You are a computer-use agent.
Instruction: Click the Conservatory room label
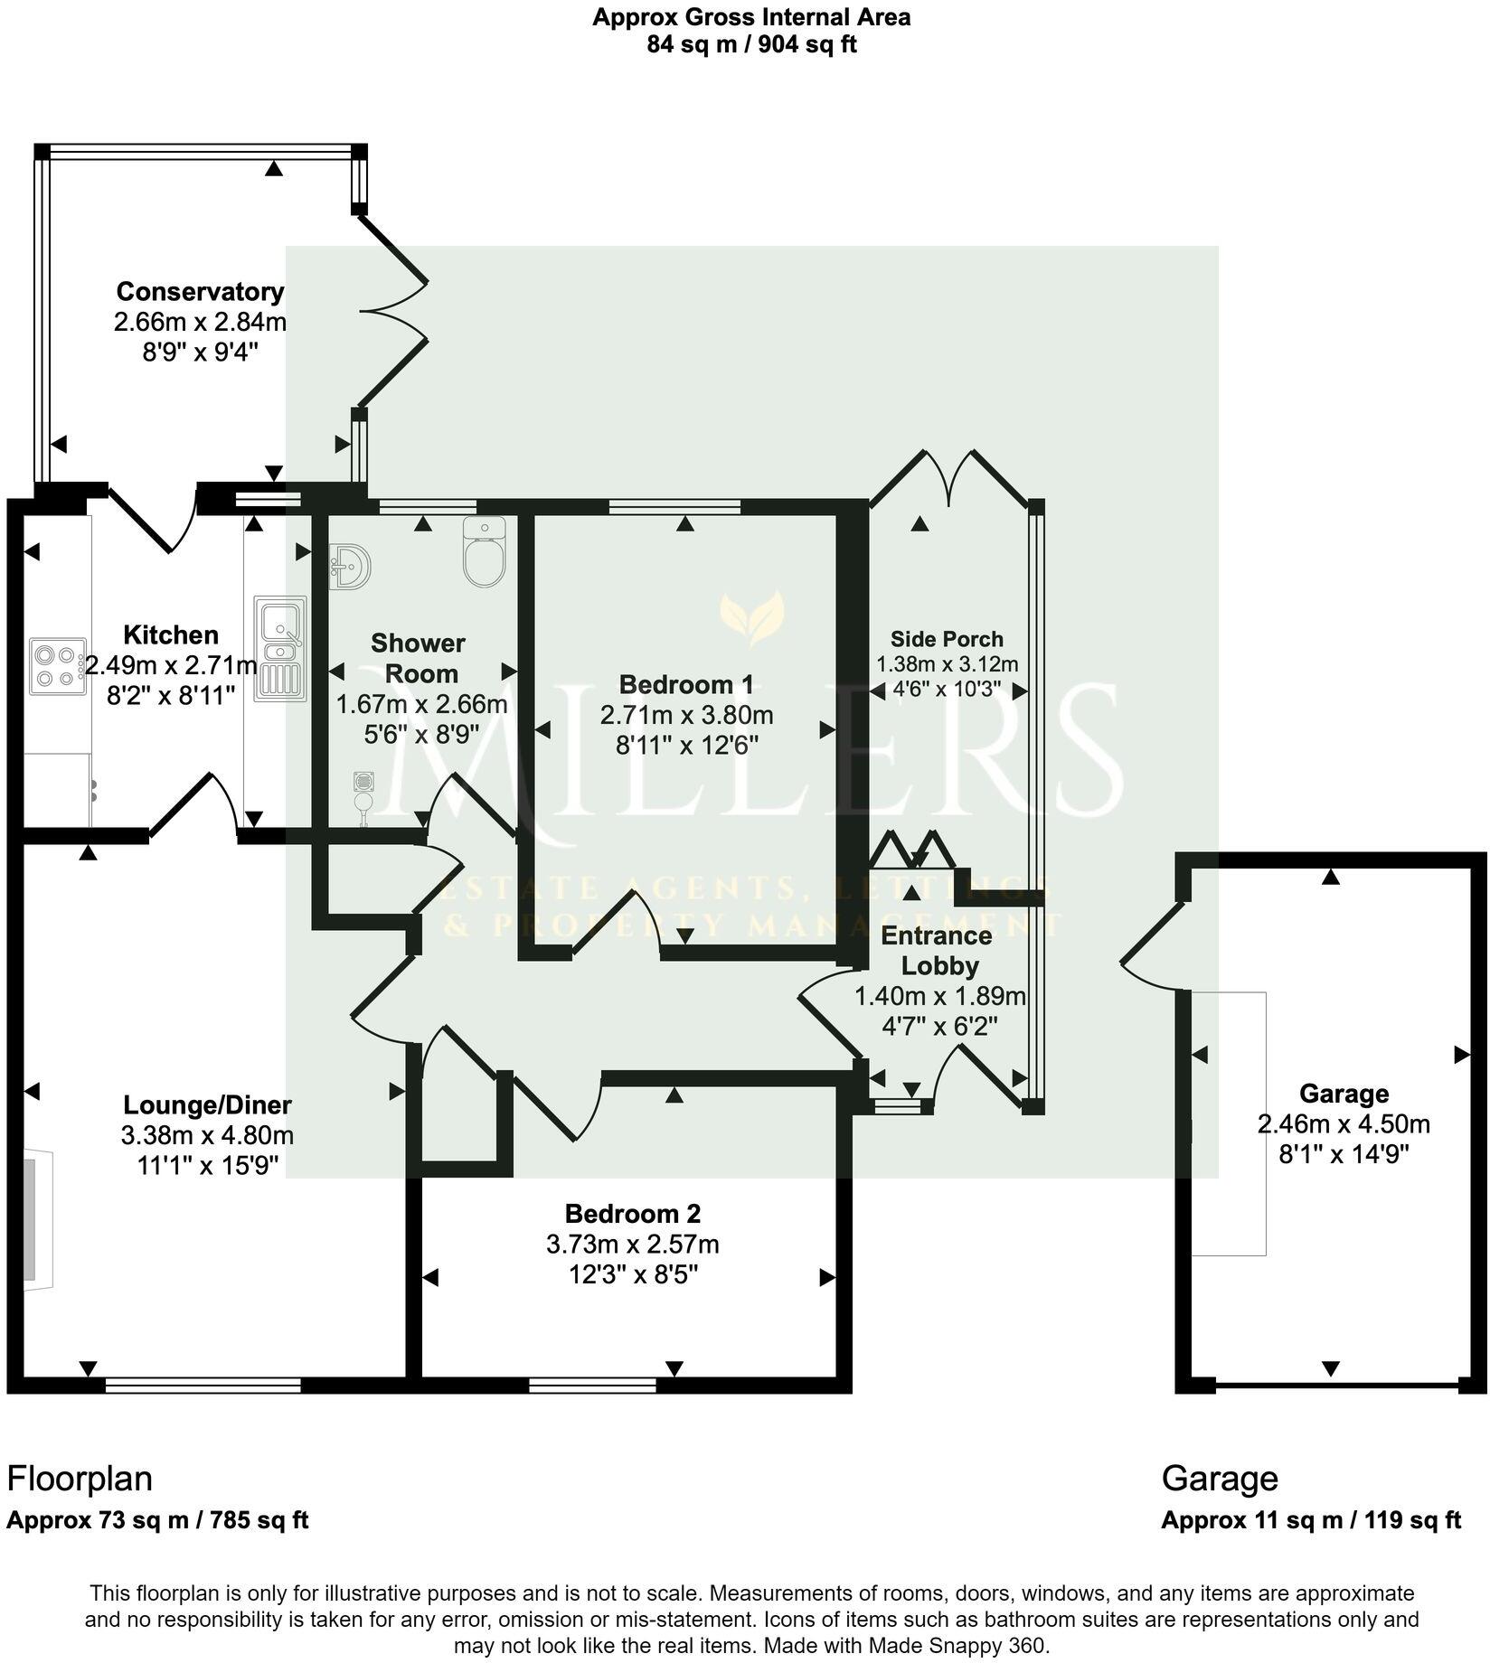[x=200, y=292]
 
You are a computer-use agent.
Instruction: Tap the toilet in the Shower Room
[x=485, y=550]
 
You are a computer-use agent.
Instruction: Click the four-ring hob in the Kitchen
[x=56, y=666]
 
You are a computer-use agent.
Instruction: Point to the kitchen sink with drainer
[x=280, y=647]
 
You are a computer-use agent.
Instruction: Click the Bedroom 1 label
[x=686, y=684]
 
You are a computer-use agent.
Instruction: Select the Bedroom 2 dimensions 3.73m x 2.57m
[x=632, y=1245]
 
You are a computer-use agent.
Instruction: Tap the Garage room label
[x=1344, y=1094]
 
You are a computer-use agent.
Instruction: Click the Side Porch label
[x=947, y=639]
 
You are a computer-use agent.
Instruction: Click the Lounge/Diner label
[x=207, y=1104]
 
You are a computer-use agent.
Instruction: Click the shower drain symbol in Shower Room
[x=364, y=780]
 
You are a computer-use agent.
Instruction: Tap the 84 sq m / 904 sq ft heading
[x=750, y=44]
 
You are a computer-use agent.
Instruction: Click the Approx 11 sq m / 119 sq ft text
[x=1310, y=1520]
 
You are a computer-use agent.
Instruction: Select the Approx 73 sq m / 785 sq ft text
[x=157, y=1520]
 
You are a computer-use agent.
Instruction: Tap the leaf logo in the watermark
[x=751, y=619]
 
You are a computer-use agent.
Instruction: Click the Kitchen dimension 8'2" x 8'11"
[x=171, y=695]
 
